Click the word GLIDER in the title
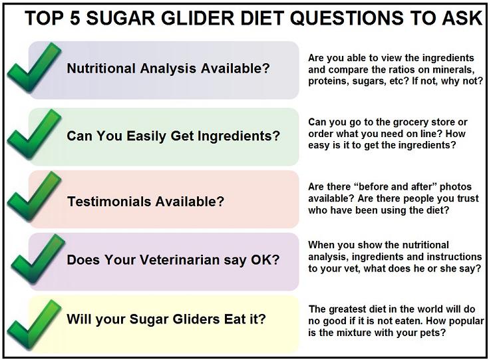pos(198,18)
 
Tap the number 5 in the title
pos(75,18)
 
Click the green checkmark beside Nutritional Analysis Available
pos(34,68)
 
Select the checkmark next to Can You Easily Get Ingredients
pos(34,134)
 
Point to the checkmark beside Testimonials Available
pos(34,197)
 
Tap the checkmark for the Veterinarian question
pos(37,259)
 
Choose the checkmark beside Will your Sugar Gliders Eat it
pos(34,325)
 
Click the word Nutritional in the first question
pos(101,69)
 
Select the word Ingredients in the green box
pos(239,136)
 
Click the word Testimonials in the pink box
pos(109,202)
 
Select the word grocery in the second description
pos(403,122)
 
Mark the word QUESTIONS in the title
pos(346,18)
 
